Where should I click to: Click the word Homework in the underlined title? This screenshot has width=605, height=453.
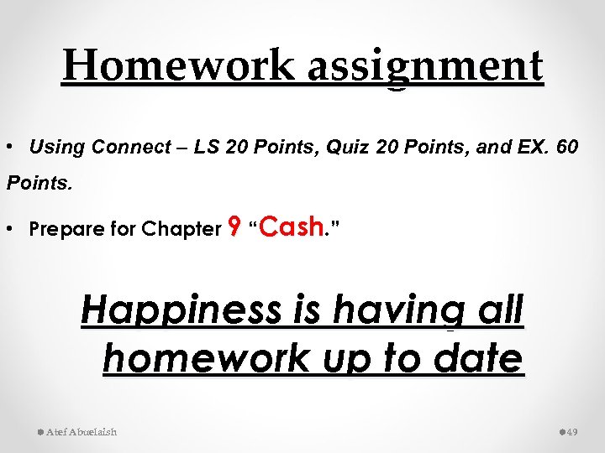pyautogui.click(x=178, y=65)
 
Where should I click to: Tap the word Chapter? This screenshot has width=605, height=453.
pyautogui.click(x=181, y=229)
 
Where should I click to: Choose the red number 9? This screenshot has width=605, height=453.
pyautogui.click(x=235, y=226)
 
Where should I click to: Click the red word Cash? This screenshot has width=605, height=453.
pyautogui.click(x=292, y=226)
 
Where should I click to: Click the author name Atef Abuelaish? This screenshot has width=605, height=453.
pyautogui.click(x=82, y=431)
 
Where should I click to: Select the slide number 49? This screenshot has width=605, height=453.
pyautogui.click(x=572, y=431)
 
